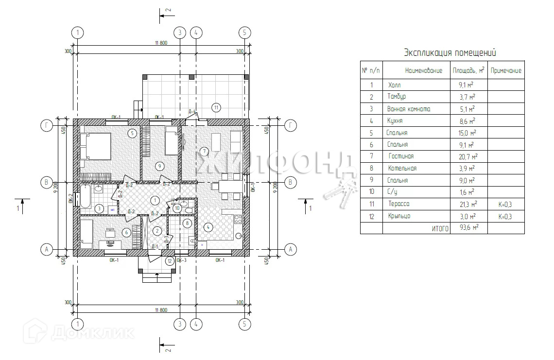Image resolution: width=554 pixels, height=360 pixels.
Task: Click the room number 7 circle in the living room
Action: tap(205, 151)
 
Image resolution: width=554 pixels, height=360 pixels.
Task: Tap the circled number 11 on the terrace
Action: tap(216, 107)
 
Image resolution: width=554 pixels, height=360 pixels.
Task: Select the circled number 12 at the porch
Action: tap(169, 261)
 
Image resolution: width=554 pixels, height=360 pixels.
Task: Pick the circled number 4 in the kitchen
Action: tap(208, 226)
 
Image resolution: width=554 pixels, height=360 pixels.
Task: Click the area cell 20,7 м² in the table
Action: tap(468, 156)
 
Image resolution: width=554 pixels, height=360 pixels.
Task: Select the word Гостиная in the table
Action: tap(401, 156)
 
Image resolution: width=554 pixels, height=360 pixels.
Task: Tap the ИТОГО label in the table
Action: tap(440, 228)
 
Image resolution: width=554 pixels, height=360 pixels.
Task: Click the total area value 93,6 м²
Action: tap(468, 228)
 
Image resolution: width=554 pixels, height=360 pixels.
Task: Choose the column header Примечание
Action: tap(506, 70)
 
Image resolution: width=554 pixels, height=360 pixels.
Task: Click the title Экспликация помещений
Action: tap(450, 53)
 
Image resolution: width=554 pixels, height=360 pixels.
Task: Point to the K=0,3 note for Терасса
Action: tap(505, 205)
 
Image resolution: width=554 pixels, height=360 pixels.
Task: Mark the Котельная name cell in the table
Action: tap(402, 169)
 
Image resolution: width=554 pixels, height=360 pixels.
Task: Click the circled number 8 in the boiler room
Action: tap(188, 223)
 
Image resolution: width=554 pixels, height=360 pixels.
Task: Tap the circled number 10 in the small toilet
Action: tap(177, 208)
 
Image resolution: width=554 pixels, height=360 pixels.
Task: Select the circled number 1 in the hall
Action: tap(155, 200)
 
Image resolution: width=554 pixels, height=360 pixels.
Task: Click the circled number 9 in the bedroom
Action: tap(159, 166)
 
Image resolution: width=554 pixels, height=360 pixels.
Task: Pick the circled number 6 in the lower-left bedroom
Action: tap(127, 233)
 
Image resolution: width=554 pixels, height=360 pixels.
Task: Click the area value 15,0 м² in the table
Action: tap(468, 133)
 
